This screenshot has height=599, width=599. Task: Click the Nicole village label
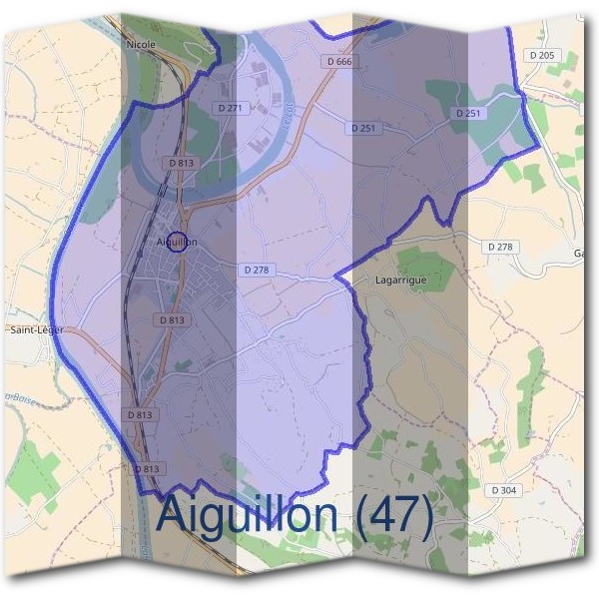142,45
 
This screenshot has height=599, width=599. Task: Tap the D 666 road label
339,62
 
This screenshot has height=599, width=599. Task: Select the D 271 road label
230,107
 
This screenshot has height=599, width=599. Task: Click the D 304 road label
505,490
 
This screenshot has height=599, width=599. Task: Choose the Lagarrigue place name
399,281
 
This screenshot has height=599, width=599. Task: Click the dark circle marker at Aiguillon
176,242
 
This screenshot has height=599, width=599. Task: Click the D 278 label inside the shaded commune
257,270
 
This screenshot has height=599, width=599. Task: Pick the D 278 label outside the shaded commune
501,246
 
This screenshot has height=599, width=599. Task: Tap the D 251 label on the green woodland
469,114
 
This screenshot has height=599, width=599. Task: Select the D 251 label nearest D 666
362,128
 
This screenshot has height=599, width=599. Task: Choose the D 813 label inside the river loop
181,162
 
